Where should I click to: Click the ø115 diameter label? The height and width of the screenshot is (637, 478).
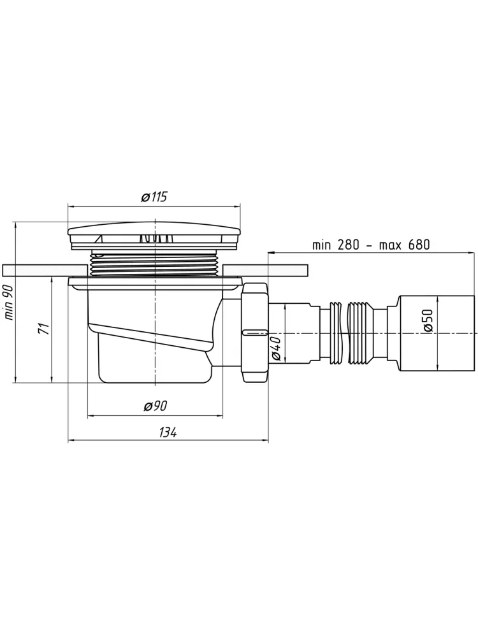[x=154, y=197]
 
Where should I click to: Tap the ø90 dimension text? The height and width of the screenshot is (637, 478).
[x=156, y=405]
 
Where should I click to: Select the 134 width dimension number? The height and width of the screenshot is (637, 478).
[x=168, y=433]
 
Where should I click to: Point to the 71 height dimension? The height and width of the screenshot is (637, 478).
[x=45, y=328]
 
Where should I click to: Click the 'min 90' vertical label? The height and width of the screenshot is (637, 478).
[x=9, y=302]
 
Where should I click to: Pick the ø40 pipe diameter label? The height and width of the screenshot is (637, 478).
[x=276, y=348]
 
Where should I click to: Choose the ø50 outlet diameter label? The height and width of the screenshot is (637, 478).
[x=428, y=321]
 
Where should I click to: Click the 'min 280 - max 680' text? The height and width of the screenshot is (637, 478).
[x=371, y=245]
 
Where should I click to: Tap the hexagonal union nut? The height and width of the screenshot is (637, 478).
[x=255, y=333]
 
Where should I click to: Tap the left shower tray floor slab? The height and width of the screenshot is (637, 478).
[x=45, y=269]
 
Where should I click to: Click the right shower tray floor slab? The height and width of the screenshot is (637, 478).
[x=265, y=269]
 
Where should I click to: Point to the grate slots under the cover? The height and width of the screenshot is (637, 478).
[x=154, y=238]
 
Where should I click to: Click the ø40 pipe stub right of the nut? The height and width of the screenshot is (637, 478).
[x=293, y=333]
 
